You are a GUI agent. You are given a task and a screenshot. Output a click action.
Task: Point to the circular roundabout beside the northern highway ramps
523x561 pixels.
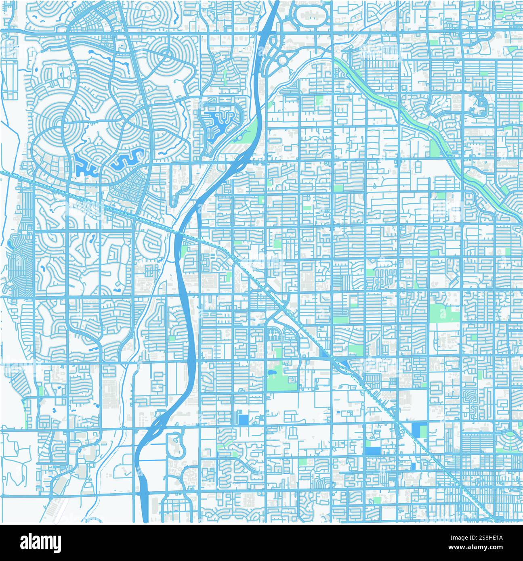coord(282,60)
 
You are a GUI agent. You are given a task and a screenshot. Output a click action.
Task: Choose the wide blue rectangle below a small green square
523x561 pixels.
coord(372,450)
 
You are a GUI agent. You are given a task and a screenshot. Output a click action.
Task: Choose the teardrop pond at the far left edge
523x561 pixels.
coord(8,243)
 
